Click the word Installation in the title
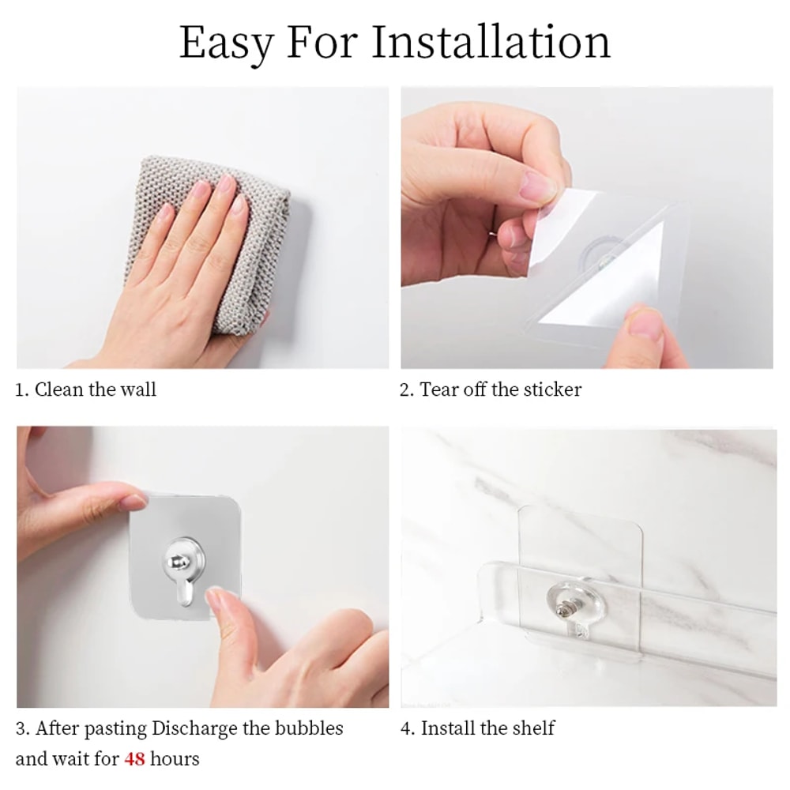coord(491,43)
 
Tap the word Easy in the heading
coord(226,44)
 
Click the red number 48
coord(134,760)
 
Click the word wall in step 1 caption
coord(138,389)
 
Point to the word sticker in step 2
coord(551,389)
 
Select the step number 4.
coord(406,728)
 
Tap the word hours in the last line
coord(175,760)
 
